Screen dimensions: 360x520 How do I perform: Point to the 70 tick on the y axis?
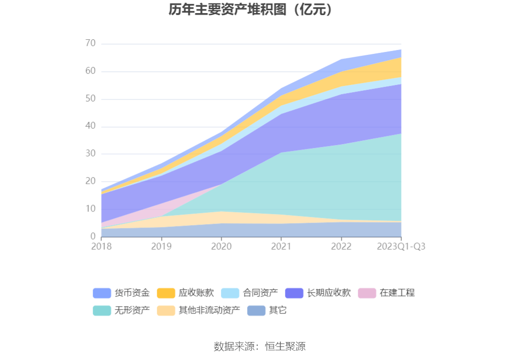tap(90, 44)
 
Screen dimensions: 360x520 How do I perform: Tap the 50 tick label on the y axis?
tap(90, 99)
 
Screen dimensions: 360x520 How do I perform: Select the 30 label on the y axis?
tap(90, 154)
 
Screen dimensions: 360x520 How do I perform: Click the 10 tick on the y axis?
tap(90, 209)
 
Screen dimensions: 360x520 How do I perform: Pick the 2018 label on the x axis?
tap(101, 246)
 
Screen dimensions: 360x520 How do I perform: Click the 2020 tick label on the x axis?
tap(221, 246)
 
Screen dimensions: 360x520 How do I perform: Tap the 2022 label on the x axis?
tap(341, 246)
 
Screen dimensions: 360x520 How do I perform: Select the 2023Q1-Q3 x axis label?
tap(401, 246)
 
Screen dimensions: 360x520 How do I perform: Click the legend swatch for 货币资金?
tap(101, 293)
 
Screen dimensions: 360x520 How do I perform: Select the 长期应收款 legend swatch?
tap(294, 293)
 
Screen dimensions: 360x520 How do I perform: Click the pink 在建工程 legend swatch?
tap(367, 293)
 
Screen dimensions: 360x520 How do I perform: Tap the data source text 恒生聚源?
tap(285, 346)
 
